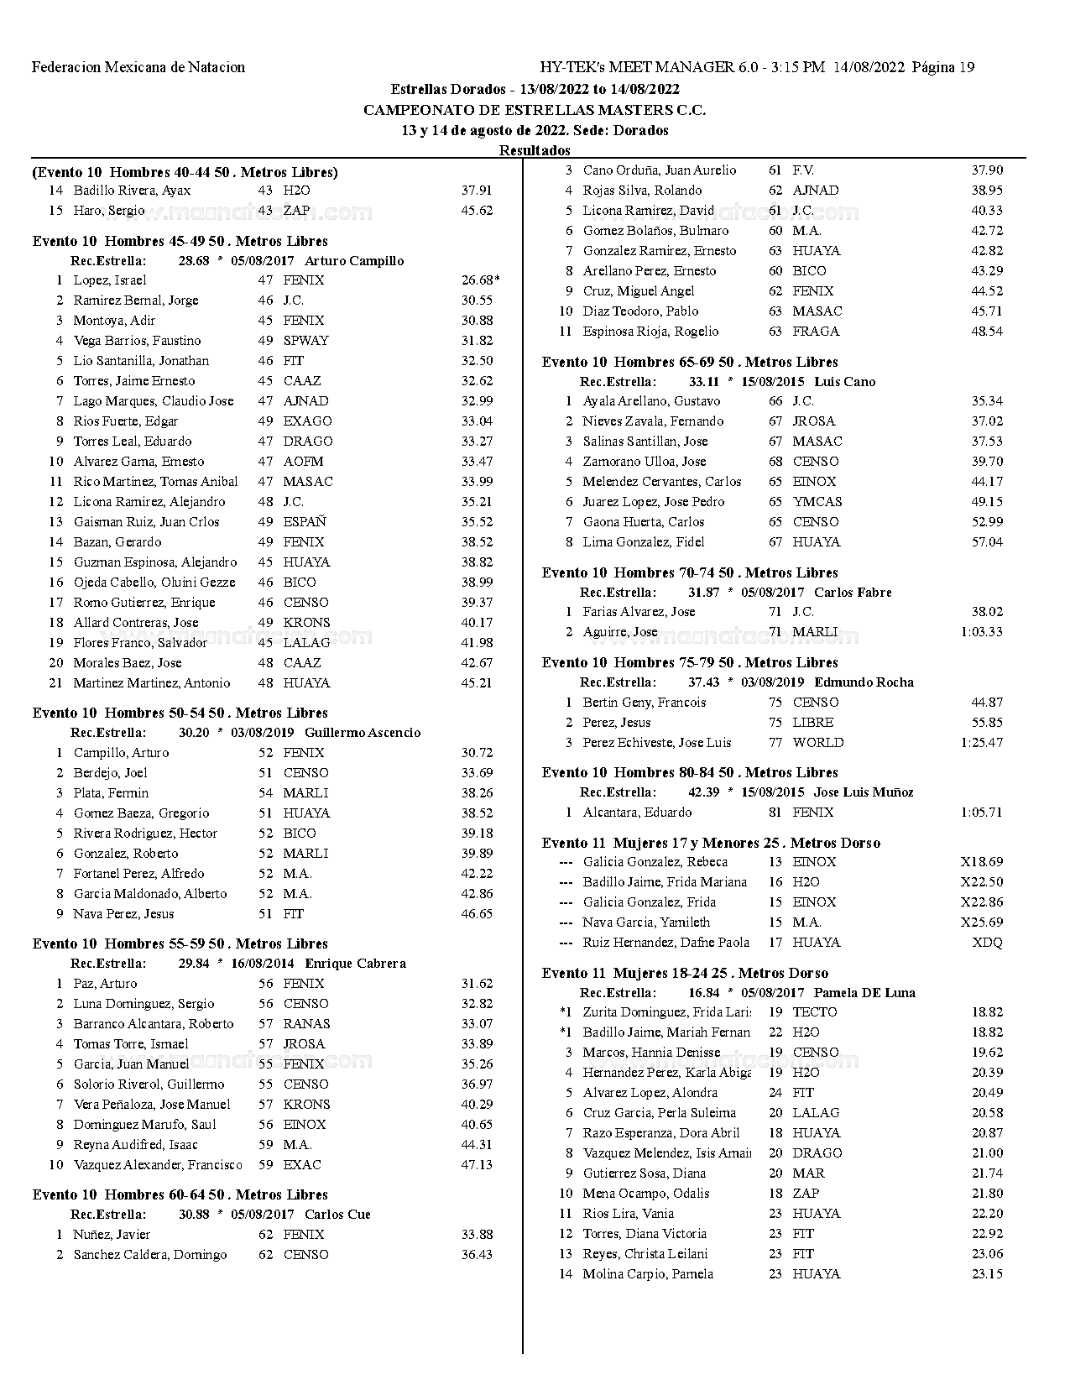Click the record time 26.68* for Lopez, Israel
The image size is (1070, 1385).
[x=480, y=280]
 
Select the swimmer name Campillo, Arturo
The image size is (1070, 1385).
[x=121, y=753]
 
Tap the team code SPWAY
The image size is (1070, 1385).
[x=305, y=341]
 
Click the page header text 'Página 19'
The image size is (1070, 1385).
[x=943, y=67]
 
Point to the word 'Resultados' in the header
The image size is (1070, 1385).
[x=535, y=150]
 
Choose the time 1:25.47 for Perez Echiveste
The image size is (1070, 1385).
[x=981, y=743]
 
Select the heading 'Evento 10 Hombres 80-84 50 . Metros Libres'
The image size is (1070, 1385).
[x=690, y=772]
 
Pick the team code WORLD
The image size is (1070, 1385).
[x=818, y=743]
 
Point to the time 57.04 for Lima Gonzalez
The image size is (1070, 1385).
[x=987, y=542]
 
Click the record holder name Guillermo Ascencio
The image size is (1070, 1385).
[x=363, y=733]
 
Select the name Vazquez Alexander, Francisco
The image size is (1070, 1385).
[x=158, y=1165]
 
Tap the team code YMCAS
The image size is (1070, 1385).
[x=817, y=502]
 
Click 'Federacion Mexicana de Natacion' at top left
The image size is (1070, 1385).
[x=138, y=67]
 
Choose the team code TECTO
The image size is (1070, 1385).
[x=815, y=1012]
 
